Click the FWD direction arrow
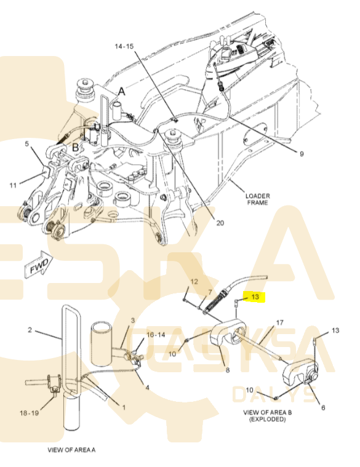tap(39, 265)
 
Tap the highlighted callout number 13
tap(255, 297)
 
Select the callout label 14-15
tap(124, 46)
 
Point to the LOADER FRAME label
tap(258, 199)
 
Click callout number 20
tap(220, 223)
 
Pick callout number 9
tap(302, 154)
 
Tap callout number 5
tap(27, 144)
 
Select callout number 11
tap(13, 185)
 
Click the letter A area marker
tap(121, 92)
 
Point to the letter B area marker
tap(76, 147)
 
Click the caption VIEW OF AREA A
tap(71, 450)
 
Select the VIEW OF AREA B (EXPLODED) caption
tap(268, 416)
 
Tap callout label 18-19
tap(29, 413)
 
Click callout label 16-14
tap(156, 335)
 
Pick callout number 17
tap(279, 322)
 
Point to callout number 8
tap(228, 370)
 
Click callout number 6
tap(323, 407)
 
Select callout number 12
tap(194, 281)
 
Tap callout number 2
tap(30, 330)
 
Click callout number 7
tap(210, 292)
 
